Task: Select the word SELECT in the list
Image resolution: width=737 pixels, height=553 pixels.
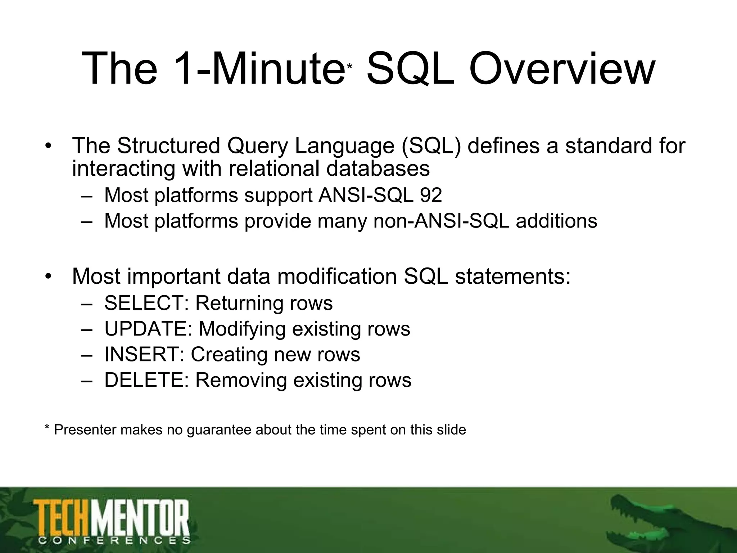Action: [x=144, y=303]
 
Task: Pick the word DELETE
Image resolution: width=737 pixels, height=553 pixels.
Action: [x=144, y=380]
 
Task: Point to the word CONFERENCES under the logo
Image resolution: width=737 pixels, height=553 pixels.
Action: [x=114, y=540]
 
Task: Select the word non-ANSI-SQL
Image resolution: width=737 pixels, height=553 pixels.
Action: [x=441, y=221]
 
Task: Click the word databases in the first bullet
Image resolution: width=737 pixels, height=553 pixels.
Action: [x=378, y=168]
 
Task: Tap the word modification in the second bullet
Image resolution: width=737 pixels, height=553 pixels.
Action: [x=337, y=276]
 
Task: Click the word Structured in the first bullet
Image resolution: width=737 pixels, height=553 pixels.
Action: [x=168, y=146]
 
